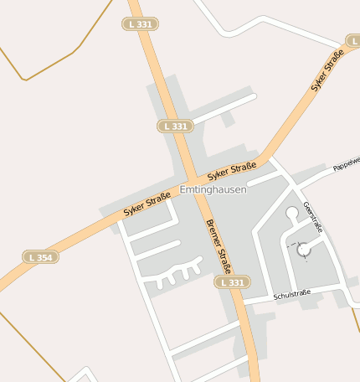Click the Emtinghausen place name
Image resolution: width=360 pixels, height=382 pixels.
click(213, 190)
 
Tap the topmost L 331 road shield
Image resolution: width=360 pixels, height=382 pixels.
click(141, 24)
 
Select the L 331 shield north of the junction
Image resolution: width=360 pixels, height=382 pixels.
click(176, 126)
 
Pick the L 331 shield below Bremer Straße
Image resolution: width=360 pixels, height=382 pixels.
click(233, 283)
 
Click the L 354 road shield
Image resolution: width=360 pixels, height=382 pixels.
click(40, 257)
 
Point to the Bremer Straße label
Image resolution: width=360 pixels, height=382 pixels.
click(218, 246)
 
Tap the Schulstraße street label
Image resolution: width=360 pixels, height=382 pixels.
click(291, 292)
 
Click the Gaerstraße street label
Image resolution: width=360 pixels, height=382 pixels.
click(313, 218)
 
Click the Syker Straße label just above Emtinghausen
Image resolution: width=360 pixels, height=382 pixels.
click(231, 171)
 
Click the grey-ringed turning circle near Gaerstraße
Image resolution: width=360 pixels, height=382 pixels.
click(303, 249)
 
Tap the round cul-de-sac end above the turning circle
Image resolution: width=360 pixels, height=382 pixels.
click(292, 214)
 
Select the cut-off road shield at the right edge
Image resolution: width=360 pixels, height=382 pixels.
click(353, 40)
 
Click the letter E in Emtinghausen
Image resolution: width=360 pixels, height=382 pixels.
click(183, 190)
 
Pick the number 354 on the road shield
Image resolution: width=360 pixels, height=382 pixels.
click(44, 257)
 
